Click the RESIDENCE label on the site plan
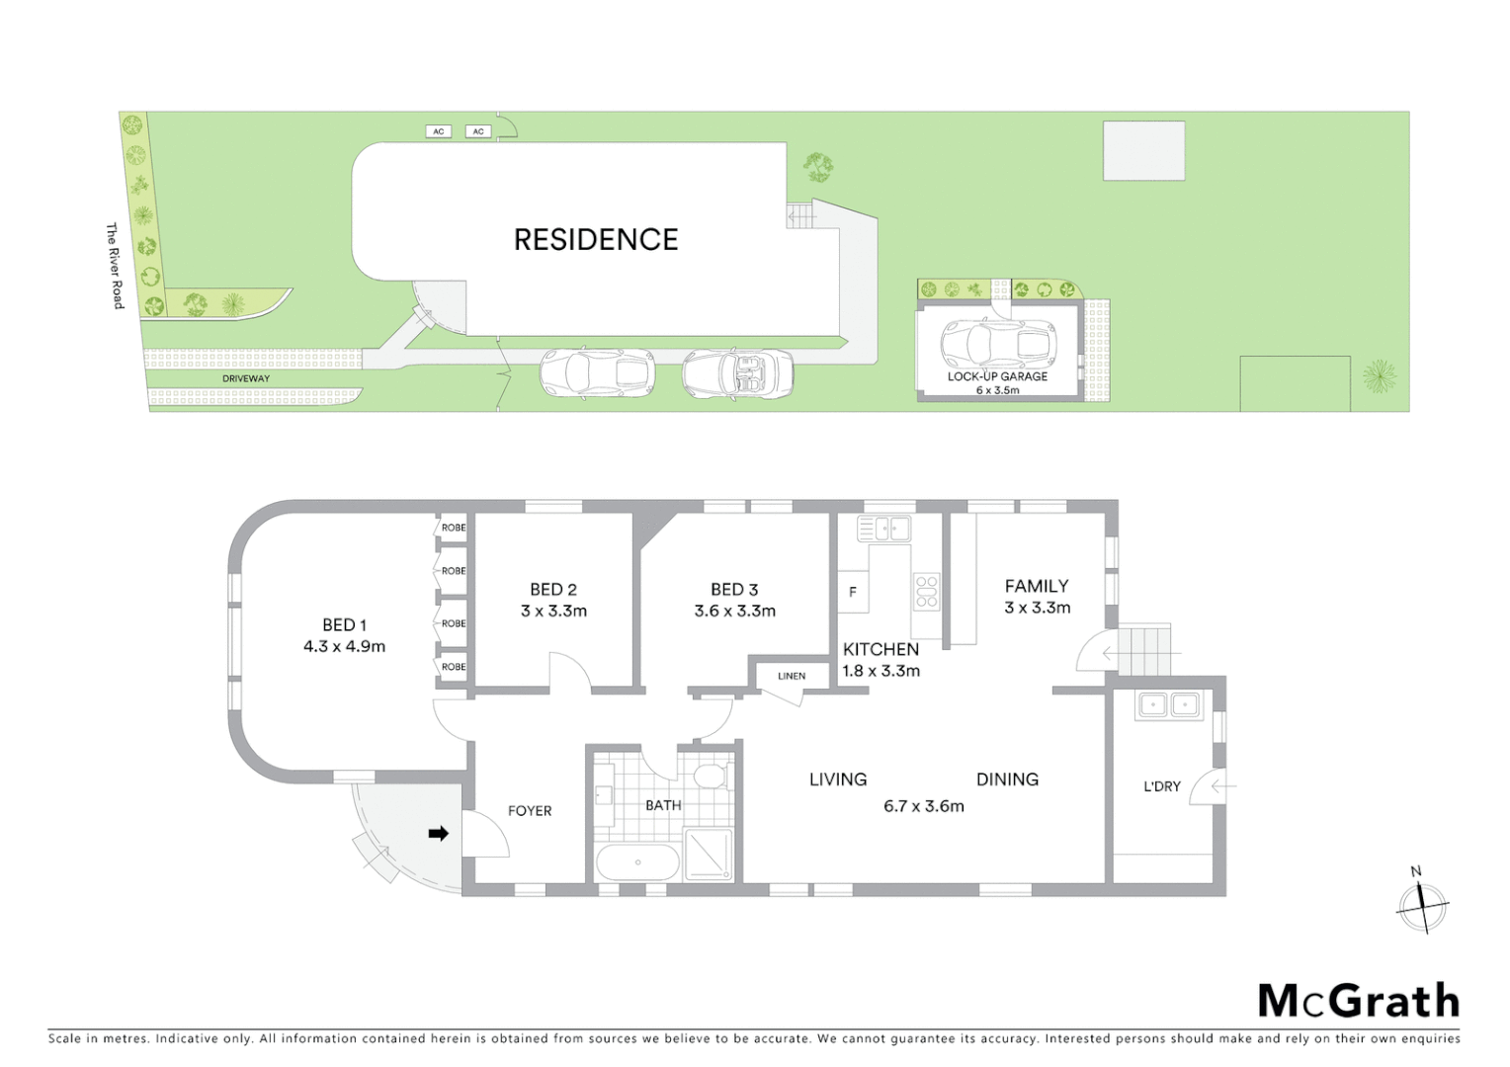pyautogui.click(x=596, y=240)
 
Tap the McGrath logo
pyautogui.click(x=1358, y=1001)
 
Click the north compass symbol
pyautogui.click(x=1422, y=903)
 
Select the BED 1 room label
pyautogui.click(x=344, y=625)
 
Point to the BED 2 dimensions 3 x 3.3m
pyautogui.click(x=553, y=612)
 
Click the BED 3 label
pyautogui.click(x=734, y=590)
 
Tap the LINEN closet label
pyautogui.click(x=792, y=677)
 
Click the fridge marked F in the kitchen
pyautogui.click(x=853, y=593)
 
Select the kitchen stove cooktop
pyautogui.click(x=926, y=591)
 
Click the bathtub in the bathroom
pyautogui.click(x=637, y=862)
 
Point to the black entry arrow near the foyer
pyautogui.click(x=438, y=834)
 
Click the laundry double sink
pyautogui.click(x=1168, y=705)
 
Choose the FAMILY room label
pyautogui.click(x=1037, y=587)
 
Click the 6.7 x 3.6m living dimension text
pyautogui.click(x=923, y=806)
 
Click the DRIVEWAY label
pyautogui.click(x=246, y=378)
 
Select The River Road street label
pyautogui.click(x=115, y=266)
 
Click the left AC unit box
pyautogui.click(x=439, y=131)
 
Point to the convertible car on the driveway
pyautogui.click(x=737, y=373)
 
